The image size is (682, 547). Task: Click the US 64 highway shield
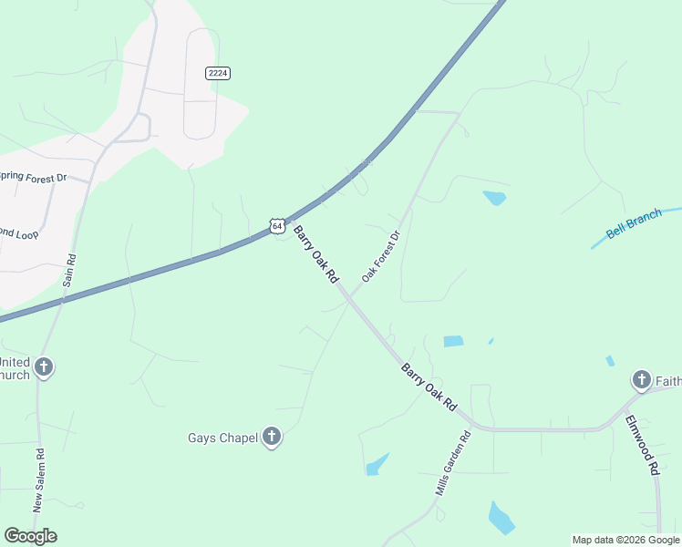277,224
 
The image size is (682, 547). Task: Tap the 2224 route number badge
217,74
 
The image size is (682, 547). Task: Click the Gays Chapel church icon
271,438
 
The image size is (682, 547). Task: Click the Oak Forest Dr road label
381,256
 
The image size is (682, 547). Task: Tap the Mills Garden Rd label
453,463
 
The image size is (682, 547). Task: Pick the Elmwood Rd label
642,446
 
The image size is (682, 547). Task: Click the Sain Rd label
67,269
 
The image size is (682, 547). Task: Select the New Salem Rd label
39,480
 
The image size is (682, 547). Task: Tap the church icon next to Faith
641,379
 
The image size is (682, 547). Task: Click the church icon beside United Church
43,367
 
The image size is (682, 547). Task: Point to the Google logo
30,535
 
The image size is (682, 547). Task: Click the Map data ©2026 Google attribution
625,540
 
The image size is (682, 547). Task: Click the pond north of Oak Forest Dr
494,198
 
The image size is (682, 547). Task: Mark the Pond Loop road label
18,234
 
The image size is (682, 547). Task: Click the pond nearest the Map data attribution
501,518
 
